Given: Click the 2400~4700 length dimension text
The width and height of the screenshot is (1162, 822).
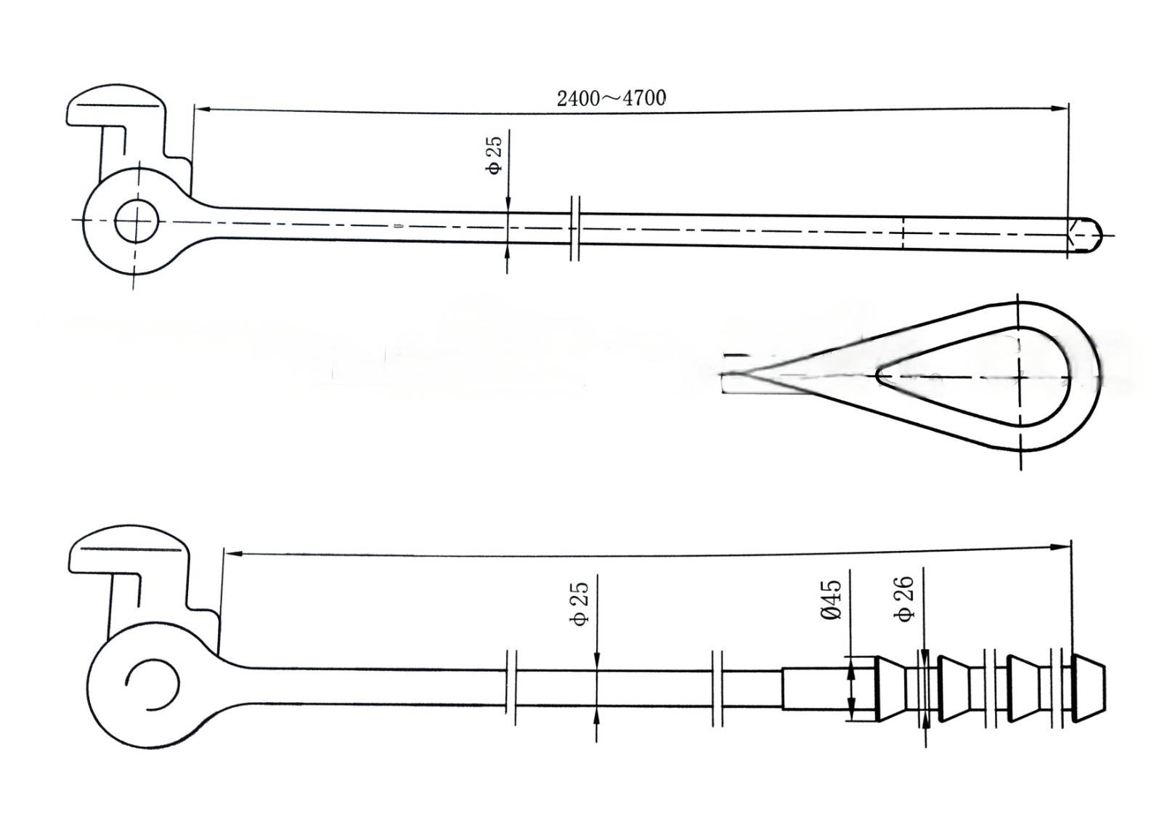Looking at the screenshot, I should tap(611, 98).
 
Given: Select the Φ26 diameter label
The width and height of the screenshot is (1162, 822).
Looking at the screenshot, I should tap(905, 600).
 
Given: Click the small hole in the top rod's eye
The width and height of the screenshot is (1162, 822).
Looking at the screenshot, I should tap(137, 222).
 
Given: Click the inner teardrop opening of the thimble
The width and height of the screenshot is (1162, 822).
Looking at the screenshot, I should tap(973, 376).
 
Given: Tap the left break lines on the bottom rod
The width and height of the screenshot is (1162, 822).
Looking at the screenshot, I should tap(511, 687).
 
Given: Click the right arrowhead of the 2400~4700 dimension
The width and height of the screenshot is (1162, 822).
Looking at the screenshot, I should tap(1062, 109).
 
